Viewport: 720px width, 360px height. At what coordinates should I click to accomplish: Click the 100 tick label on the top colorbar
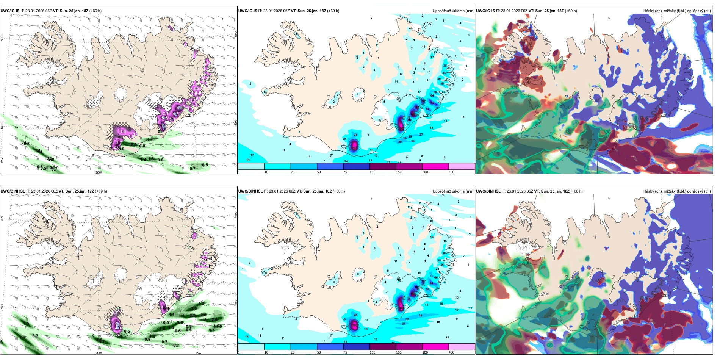373,172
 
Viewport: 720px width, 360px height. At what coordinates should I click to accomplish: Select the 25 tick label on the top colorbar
293,172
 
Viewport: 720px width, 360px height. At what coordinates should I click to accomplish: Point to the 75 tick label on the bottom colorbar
345,352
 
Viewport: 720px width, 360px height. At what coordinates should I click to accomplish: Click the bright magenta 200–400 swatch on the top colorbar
435,166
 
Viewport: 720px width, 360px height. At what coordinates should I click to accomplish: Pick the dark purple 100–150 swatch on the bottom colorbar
383,347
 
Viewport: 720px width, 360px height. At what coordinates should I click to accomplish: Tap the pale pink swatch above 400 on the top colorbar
462,166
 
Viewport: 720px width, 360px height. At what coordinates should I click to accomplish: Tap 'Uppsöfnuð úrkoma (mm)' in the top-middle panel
453,11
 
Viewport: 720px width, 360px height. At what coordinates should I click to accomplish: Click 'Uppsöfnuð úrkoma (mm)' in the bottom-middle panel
453,191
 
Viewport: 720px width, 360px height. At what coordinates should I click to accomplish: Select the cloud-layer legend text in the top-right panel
677,11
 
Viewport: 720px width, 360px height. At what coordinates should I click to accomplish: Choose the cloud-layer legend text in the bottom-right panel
677,191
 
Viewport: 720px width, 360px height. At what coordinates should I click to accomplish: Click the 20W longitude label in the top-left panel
99,172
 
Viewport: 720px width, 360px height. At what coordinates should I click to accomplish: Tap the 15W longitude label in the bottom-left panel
198,353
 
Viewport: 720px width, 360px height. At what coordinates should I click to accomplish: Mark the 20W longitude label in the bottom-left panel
99,353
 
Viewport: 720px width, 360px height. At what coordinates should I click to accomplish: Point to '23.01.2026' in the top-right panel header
510,11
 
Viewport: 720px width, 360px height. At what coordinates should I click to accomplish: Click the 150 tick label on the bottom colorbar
399,352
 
